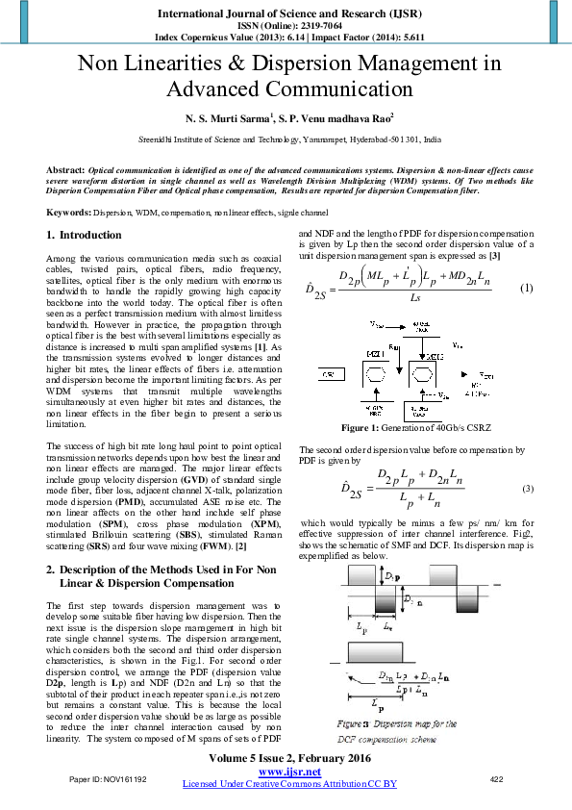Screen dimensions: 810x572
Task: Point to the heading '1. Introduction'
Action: [x=84, y=235]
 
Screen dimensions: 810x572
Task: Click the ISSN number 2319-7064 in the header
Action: [x=307, y=26]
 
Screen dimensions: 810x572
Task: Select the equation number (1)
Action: [x=526, y=289]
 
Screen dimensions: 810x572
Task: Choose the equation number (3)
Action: [x=527, y=490]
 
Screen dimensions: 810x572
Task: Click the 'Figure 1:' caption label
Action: [x=379, y=426]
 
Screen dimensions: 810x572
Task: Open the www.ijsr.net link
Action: [x=289, y=772]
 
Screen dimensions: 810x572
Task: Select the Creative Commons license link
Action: [x=289, y=784]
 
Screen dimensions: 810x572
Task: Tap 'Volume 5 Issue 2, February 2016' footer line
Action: [x=289, y=759]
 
